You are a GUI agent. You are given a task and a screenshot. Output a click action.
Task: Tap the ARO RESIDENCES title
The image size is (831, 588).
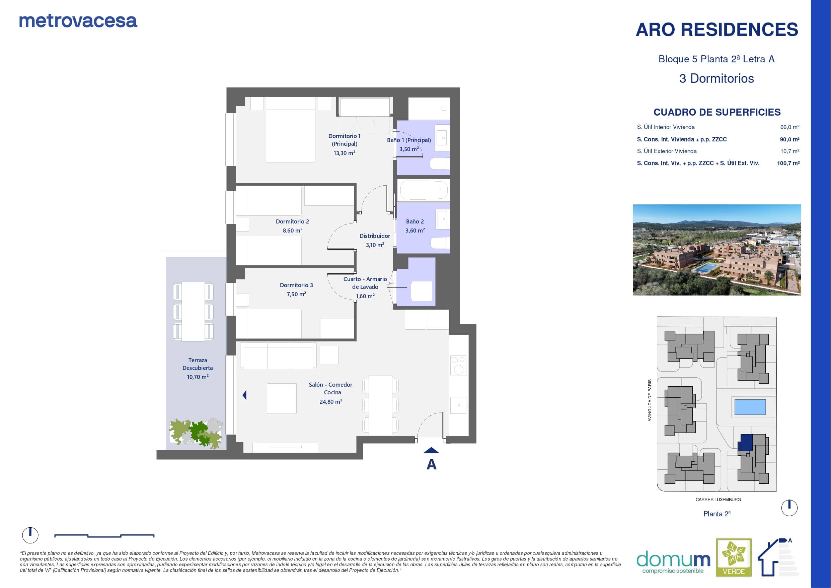(x=716, y=29)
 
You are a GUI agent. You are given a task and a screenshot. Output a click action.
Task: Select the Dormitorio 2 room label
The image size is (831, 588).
(x=292, y=221)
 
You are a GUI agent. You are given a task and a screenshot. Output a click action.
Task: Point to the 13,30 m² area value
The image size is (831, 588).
(x=344, y=153)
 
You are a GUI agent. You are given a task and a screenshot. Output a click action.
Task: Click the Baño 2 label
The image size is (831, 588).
(x=415, y=221)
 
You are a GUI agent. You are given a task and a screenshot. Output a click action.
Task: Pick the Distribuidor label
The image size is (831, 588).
(x=375, y=236)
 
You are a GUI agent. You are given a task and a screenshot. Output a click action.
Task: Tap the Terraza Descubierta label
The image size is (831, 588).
(x=198, y=364)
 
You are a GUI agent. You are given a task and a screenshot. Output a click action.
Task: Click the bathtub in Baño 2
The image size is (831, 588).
(x=423, y=190)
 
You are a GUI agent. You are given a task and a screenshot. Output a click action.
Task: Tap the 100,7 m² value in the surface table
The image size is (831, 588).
(x=788, y=163)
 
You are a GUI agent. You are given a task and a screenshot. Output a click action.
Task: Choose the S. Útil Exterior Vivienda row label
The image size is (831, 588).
(x=667, y=151)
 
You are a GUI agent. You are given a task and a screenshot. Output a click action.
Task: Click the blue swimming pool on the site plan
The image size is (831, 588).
(x=750, y=407)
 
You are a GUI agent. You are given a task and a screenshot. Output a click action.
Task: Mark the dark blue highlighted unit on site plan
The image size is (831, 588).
(x=745, y=442)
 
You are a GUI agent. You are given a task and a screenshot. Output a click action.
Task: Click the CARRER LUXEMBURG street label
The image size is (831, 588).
(x=718, y=500)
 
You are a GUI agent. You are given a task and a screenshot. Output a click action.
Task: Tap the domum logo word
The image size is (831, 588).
(x=673, y=560)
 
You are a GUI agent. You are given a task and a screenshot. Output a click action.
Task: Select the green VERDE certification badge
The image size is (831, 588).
(x=734, y=557)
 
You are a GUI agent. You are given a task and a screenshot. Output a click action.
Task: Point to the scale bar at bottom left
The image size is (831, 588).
(x=104, y=535)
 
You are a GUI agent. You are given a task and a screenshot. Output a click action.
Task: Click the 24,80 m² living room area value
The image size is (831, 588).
(x=331, y=401)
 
